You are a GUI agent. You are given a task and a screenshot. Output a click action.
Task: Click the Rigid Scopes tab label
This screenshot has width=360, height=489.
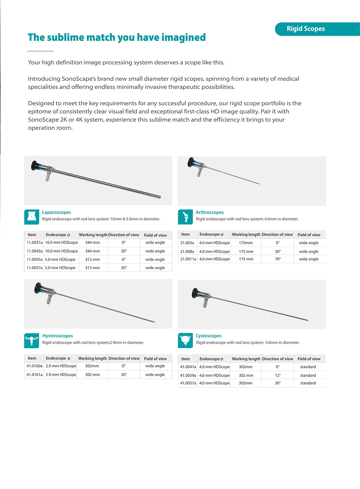click(306, 29)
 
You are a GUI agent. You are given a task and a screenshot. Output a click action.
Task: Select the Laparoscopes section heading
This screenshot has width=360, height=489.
click(57, 212)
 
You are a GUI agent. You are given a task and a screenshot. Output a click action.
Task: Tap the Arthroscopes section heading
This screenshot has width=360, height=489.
click(210, 212)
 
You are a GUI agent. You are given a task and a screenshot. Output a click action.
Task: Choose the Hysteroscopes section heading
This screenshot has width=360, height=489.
click(58, 336)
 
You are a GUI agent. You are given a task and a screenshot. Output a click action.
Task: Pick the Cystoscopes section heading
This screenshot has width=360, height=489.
click(208, 336)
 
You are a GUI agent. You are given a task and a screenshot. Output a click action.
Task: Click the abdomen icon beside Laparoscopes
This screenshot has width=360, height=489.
click(32, 217)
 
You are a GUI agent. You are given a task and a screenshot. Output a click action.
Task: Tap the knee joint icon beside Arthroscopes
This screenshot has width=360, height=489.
click(185, 217)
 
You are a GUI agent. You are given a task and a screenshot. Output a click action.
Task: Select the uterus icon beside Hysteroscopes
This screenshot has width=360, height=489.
click(32, 341)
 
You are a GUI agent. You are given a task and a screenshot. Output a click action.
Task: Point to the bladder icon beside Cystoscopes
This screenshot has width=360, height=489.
click(185, 341)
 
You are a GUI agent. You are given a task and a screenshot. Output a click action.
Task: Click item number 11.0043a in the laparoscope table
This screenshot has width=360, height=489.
click(35, 251)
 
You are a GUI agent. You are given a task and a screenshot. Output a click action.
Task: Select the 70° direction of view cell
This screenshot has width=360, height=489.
click(278, 259)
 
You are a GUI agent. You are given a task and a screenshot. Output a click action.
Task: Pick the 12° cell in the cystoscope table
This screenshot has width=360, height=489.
click(278, 375)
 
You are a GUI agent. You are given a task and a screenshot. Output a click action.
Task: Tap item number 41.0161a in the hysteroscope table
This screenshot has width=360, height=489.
click(35, 375)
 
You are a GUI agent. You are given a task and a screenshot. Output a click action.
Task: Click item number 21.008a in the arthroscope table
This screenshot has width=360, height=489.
click(187, 252)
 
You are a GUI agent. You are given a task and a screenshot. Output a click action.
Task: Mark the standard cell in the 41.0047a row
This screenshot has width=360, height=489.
click(308, 367)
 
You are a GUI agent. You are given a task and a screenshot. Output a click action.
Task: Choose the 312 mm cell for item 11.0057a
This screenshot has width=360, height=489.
click(93, 268)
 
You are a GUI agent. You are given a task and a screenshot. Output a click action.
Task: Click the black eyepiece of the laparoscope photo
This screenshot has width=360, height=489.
click(36, 165)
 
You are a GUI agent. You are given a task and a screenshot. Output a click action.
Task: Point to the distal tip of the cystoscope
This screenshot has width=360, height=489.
click(307, 320)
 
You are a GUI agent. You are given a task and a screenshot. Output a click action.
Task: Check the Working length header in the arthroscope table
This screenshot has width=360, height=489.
click(246, 235)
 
